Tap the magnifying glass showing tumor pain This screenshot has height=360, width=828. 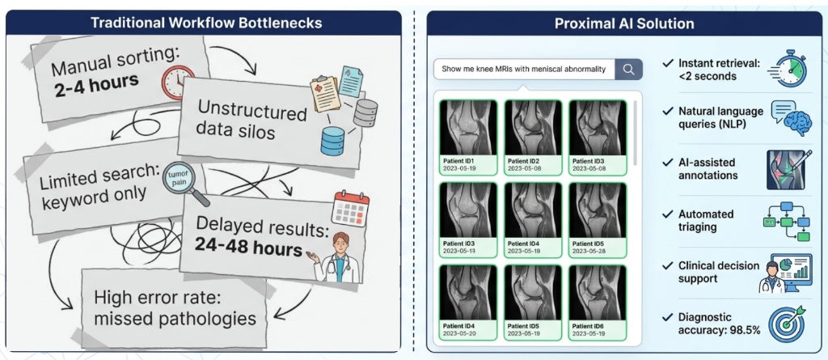[x=181, y=180]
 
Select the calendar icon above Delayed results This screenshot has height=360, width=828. [x=350, y=209]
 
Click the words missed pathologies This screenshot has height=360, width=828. [x=175, y=318]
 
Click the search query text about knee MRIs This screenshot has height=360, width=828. [x=523, y=69]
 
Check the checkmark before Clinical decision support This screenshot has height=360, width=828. [x=666, y=267]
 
